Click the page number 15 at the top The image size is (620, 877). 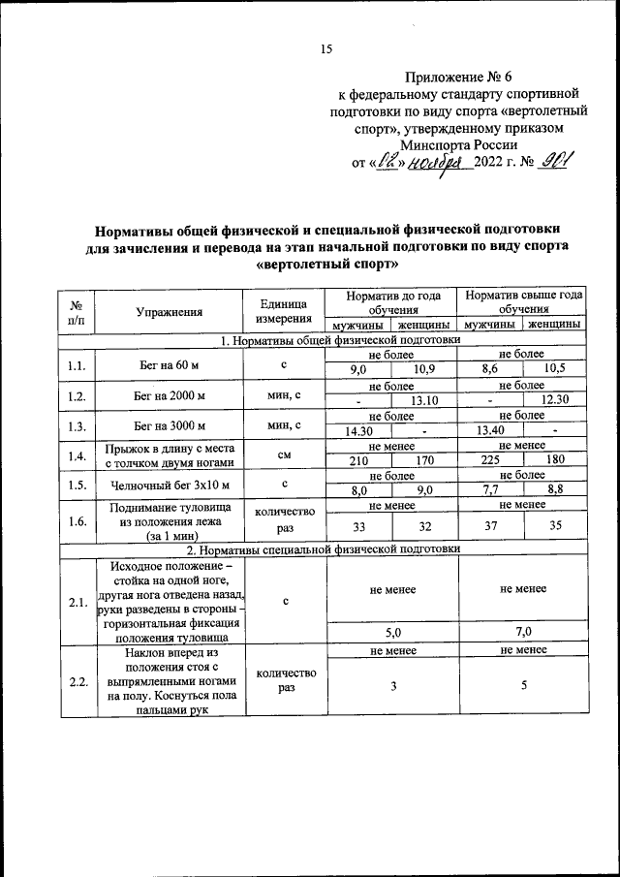[326, 49]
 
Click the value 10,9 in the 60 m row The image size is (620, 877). [424, 370]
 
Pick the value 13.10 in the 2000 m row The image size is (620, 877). [424, 401]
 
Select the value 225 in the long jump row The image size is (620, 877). [490, 461]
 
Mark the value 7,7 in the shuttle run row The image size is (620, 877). [490, 491]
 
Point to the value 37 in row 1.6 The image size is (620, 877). [490, 527]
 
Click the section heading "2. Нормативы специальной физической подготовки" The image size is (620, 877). [325, 548]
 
